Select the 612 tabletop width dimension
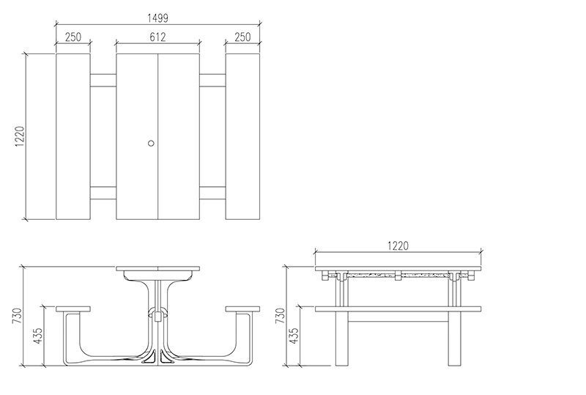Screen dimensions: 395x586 pyautogui.click(x=157, y=37)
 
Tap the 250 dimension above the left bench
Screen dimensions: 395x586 pyautogui.click(x=73, y=37)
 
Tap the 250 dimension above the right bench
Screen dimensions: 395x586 pyautogui.click(x=244, y=37)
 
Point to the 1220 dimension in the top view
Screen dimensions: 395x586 pyautogui.click(x=20, y=136)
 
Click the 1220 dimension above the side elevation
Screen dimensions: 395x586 pyautogui.click(x=398, y=246)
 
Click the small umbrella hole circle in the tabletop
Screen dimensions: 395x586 pyautogui.click(x=152, y=143)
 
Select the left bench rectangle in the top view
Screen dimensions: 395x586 pyautogui.click(x=73, y=136)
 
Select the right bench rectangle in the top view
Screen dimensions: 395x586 pyautogui.click(x=243, y=136)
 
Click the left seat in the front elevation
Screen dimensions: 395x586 pyautogui.click(x=73, y=309)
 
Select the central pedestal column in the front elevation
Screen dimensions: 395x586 pyautogui.click(x=157, y=315)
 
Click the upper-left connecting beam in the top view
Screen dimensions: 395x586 pyautogui.click(x=103, y=80)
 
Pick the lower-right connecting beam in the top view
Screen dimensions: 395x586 pyautogui.click(x=212, y=193)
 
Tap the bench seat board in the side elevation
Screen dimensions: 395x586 pyautogui.click(x=398, y=309)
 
